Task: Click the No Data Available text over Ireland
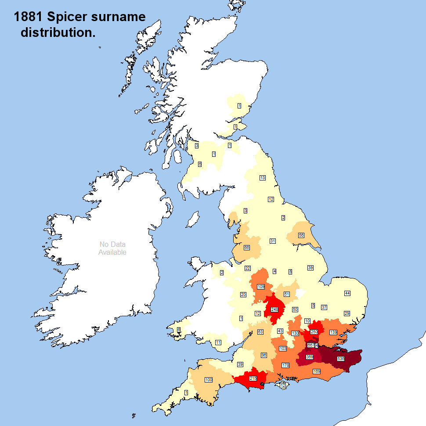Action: point(112,248)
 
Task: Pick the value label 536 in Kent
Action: point(341,358)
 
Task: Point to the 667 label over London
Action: point(311,345)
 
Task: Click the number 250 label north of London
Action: point(314,332)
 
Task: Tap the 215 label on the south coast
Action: point(253,378)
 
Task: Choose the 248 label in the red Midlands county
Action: point(274,309)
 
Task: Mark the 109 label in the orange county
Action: point(261,286)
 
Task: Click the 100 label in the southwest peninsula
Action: point(209,379)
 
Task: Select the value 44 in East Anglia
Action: point(347,293)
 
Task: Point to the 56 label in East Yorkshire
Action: point(301,235)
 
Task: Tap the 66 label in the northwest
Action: point(247,248)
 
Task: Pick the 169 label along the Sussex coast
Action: point(316,372)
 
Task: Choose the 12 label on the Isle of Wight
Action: point(282,385)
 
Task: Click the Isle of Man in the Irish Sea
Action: point(192,219)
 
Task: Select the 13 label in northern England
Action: point(262,178)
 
